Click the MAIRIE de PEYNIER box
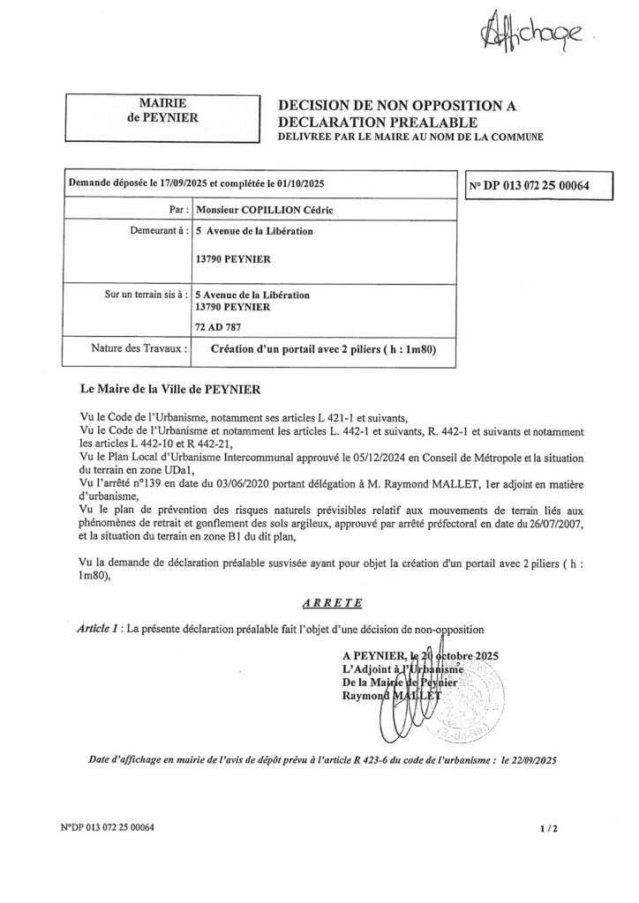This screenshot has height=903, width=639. tap(162, 112)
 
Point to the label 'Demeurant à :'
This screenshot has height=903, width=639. tap(156, 234)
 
